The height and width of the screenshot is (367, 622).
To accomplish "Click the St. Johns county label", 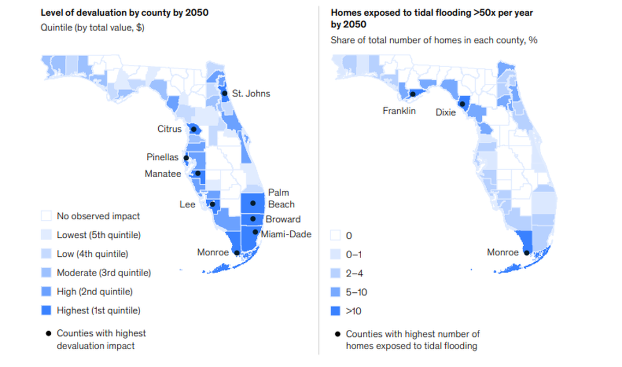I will click(251, 93).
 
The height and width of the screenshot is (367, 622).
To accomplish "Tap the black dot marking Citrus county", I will click(194, 129).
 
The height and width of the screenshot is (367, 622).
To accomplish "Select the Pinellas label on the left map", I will click(162, 157).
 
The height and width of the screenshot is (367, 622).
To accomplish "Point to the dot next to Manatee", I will click(198, 174).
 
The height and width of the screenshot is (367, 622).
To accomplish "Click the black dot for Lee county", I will click(212, 204).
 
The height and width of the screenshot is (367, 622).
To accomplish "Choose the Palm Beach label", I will click(280, 198).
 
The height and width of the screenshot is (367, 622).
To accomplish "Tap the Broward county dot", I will click(253, 219).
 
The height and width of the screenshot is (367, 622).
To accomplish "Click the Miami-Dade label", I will click(286, 234).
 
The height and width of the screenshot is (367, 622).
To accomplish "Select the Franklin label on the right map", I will click(399, 111).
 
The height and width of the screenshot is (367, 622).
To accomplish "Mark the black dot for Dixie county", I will click(462, 104).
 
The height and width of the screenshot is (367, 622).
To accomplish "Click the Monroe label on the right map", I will click(503, 252).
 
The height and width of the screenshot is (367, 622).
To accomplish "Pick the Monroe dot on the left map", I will click(236, 252).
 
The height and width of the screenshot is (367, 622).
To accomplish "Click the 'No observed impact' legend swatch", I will click(46, 216).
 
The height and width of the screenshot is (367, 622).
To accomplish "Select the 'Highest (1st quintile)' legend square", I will click(46, 310).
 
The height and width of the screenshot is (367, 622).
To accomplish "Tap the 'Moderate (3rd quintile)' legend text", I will click(104, 273).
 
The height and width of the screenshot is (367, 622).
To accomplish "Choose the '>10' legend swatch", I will click(336, 311).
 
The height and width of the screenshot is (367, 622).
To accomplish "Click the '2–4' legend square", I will click(336, 273).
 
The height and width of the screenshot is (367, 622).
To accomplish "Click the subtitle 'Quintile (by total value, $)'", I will click(92, 28).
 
